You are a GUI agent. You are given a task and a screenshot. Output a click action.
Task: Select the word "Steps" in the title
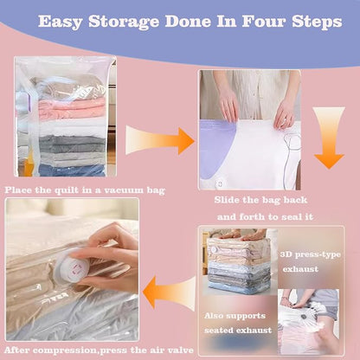(317, 22)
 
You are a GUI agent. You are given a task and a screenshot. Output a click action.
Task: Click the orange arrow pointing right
(160, 141)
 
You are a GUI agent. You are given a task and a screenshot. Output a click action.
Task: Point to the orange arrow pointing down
(329, 138)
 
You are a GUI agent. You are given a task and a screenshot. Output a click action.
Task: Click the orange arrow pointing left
(170, 292)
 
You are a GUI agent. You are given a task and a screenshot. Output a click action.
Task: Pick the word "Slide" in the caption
(227, 200)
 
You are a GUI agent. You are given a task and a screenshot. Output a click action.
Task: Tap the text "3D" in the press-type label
(286, 254)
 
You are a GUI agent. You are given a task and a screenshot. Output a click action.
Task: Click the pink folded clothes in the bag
(71, 110)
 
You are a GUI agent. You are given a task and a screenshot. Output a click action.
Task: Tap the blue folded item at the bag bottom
(72, 170)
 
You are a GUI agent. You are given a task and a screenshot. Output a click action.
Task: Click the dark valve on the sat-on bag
(303, 317)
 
